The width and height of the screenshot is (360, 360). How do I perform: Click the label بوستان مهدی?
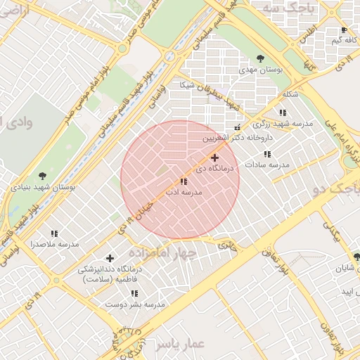(261, 71)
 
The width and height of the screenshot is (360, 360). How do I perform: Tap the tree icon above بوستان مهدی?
(261, 59)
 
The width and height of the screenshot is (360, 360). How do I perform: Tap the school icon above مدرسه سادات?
(267, 154)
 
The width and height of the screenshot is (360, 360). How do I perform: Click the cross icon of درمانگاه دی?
(214, 158)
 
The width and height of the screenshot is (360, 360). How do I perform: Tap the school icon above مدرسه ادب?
(184, 181)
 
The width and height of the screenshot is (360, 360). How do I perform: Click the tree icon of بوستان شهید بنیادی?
(43, 176)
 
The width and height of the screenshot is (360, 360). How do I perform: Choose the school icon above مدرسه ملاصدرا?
(54, 233)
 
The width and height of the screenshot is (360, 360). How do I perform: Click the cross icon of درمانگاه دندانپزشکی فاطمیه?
(110, 258)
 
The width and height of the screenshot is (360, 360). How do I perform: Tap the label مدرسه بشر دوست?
(135, 304)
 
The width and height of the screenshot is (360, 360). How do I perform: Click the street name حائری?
(227, 245)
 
